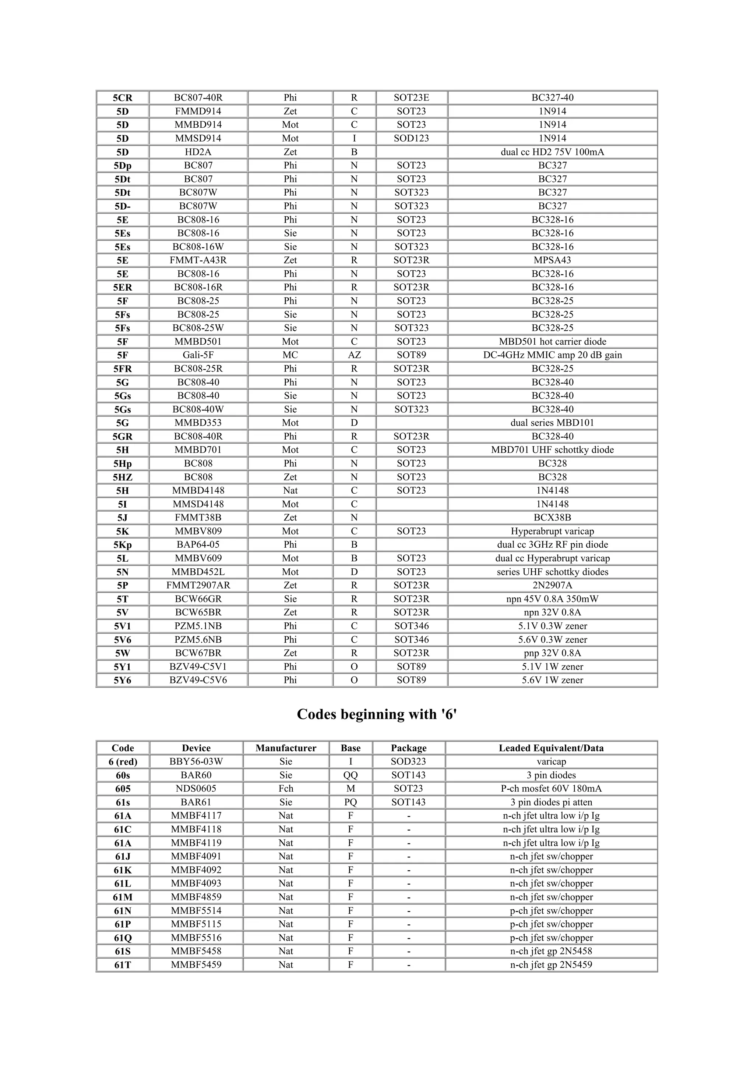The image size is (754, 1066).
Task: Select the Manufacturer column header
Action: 286,748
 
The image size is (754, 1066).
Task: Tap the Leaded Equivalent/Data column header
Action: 551,748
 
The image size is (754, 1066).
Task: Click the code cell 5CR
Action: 123,98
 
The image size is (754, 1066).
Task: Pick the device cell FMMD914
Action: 198,111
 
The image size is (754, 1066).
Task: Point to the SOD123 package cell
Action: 411,138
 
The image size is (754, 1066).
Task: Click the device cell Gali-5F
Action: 198,355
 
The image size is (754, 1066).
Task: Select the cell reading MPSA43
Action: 552,260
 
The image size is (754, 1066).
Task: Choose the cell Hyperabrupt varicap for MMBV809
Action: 552,531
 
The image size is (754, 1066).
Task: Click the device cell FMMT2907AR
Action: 198,586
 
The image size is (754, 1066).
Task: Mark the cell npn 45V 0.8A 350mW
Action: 552,599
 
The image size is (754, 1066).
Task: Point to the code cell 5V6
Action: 123,640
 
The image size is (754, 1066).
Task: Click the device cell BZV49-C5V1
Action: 198,667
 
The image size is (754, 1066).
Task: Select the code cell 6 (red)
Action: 123,762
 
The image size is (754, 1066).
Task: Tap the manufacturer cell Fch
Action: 286,789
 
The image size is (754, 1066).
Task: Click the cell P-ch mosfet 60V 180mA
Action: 551,789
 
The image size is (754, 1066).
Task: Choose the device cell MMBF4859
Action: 196,898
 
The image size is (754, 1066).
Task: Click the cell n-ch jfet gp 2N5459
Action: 551,965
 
